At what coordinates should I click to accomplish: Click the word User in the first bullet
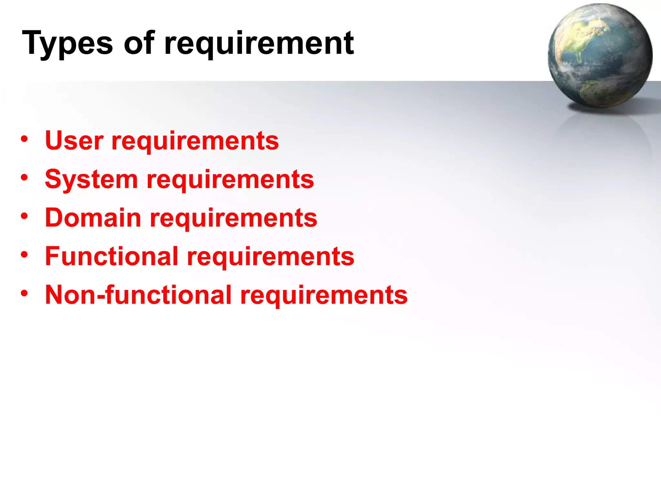(75, 141)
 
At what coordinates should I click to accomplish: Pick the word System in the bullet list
(91, 180)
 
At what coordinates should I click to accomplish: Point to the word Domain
(93, 218)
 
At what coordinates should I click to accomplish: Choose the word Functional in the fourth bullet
(112, 256)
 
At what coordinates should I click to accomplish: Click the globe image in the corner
(600, 56)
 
